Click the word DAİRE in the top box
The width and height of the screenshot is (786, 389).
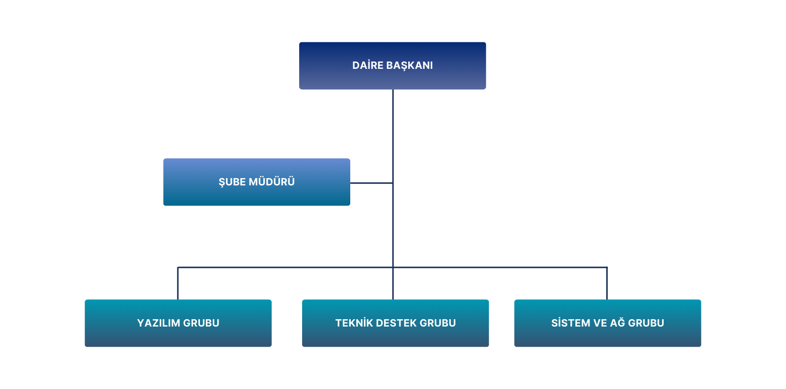coord(368,65)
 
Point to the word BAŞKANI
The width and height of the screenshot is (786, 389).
coord(410,65)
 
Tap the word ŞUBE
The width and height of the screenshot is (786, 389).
coord(232,182)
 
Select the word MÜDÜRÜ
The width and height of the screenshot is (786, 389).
coord(272,182)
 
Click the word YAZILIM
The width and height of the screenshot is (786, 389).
coord(159,323)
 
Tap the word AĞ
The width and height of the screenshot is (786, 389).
coord(618,323)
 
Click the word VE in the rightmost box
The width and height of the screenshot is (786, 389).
coord(600,323)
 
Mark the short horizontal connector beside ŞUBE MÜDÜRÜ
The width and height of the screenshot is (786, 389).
coord(371,183)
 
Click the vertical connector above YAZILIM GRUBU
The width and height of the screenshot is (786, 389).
coord(178,284)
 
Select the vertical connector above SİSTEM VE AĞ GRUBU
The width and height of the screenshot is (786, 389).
coord(607,284)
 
